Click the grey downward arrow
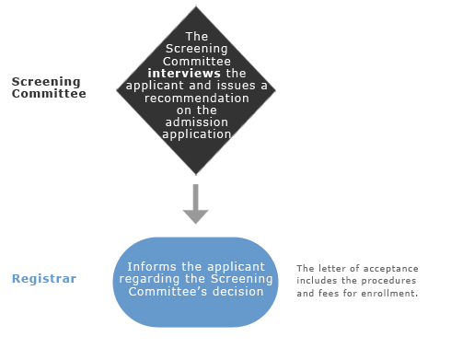coord(195,203)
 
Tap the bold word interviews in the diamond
coord(184,74)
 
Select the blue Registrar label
coord(44,279)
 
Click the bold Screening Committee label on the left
coord(49,87)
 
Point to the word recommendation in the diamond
coord(197,99)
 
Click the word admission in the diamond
coord(197,122)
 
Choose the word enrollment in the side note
coord(389,294)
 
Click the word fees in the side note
coord(330,293)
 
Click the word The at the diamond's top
coord(197,37)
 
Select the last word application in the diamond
coord(197,134)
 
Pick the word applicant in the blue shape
coord(236,267)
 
